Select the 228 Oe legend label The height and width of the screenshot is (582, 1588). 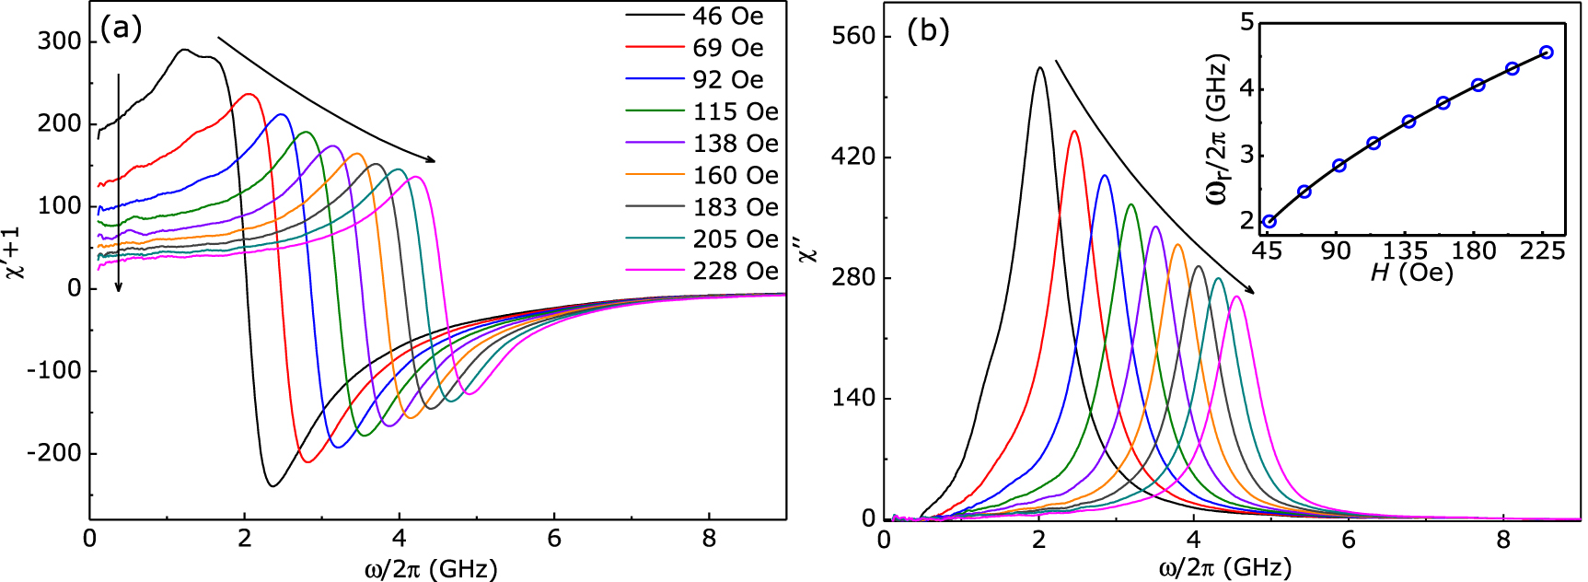point(735,271)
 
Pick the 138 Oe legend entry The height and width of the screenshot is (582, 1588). point(735,144)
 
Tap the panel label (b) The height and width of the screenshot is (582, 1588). point(927,31)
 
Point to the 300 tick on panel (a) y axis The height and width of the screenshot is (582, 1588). point(59,41)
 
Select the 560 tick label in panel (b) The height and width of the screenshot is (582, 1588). point(853,36)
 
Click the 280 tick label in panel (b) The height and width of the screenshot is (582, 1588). point(853,278)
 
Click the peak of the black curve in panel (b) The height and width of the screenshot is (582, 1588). point(1039,67)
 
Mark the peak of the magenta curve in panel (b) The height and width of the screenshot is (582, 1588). point(1236,297)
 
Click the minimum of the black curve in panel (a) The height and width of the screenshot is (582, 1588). point(272,485)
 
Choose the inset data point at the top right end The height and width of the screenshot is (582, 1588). point(1547,52)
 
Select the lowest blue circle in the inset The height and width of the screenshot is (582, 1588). point(1269,221)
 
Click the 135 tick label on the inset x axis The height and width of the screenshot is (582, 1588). point(1408,251)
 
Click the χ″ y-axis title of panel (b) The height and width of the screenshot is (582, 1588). point(808,250)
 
